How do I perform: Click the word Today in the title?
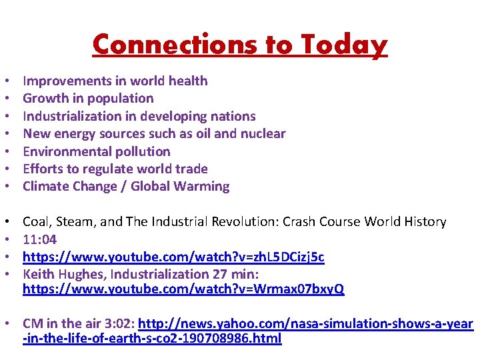344,45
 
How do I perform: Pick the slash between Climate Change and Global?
123,187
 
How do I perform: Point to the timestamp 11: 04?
40,239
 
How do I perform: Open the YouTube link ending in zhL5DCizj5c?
173,257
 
